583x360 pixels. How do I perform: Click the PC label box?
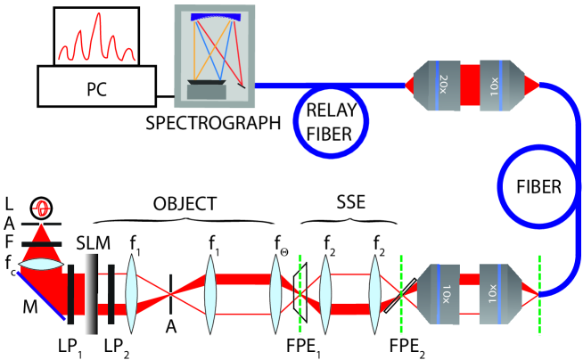[96, 86]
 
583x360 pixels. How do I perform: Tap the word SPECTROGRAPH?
[213, 123]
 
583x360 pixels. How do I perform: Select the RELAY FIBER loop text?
[330, 122]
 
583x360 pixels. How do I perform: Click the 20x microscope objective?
[438, 86]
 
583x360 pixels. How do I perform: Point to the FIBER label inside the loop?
[538, 187]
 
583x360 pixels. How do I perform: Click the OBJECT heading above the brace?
[185, 203]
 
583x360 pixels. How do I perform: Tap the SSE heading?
[351, 202]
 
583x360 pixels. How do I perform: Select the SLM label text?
[94, 243]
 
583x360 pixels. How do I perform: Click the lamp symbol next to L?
[42, 209]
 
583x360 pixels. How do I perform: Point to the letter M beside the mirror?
[30, 307]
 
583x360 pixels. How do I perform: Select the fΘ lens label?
[281, 244]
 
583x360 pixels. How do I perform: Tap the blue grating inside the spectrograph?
[217, 17]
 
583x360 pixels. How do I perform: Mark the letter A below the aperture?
[170, 326]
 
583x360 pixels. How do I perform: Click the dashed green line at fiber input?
[539, 294]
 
